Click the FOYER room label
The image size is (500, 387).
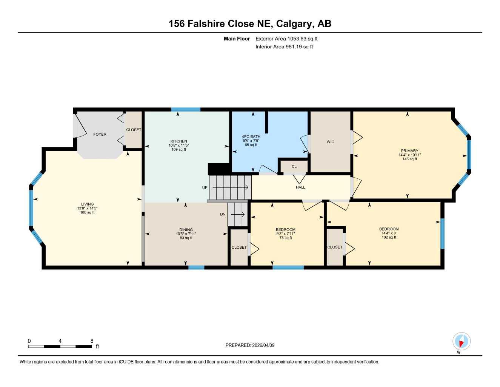click(x=100, y=134)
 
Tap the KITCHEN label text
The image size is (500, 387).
click(x=178, y=141)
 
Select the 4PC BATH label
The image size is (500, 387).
click(x=251, y=136)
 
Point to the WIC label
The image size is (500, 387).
click(x=330, y=142)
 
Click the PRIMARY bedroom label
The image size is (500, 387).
click(x=409, y=151)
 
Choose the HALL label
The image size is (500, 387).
click(x=300, y=187)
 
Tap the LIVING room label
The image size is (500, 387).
click(x=88, y=204)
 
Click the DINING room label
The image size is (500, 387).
click(x=186, y=230)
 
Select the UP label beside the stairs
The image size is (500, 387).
click(x=205, y=187)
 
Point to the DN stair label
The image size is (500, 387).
click(x=223, y=214)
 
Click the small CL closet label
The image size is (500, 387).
click(x=294, y=166)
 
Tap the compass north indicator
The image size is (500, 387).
click(x=461, y=341)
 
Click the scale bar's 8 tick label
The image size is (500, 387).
click(x=92, y=341)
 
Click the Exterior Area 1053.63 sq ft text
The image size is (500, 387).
click(x=286, y=39)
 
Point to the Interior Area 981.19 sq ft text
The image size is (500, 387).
click(x=284, y=47)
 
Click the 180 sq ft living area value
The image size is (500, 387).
click(x=88, y=212)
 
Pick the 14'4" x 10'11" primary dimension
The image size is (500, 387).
click(x=409, y=155)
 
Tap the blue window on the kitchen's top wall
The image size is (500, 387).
click(x=186, y=110)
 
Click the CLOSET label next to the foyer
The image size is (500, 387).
click(x=134, y=130)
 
